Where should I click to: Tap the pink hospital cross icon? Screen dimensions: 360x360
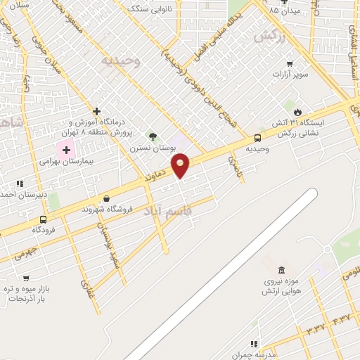pos(67,149)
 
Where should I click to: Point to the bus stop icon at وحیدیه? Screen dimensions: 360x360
pos(258,138)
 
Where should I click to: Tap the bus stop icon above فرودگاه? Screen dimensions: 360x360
pos(44,219)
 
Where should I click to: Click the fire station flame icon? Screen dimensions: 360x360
pos(297,112)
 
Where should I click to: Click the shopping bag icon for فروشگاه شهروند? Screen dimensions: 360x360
pos(105,198)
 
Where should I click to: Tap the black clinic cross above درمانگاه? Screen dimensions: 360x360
pos(96,111)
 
